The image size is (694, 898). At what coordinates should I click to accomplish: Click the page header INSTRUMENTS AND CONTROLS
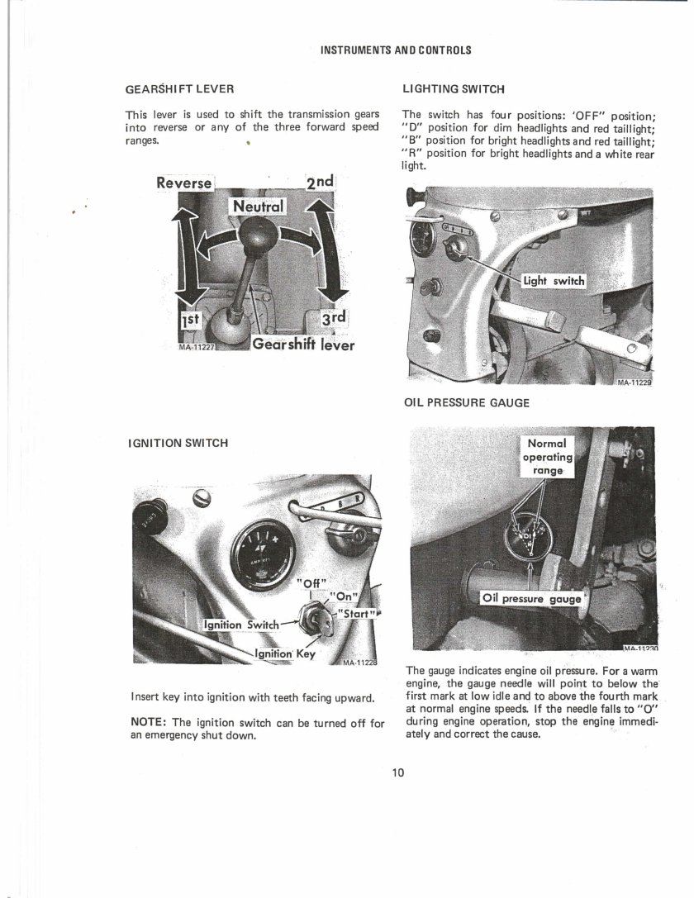coord(396,50)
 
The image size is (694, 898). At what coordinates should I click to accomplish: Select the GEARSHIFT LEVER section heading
coord(180,88)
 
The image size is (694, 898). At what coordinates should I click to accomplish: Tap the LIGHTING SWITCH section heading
coord(454,88)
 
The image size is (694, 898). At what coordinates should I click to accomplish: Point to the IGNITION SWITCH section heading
coord(178,443)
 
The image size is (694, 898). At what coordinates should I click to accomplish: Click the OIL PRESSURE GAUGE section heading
coord(467,402)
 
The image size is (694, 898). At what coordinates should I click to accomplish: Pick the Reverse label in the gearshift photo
coord(183,183)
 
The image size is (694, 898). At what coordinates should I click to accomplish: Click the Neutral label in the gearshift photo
coord(259,207)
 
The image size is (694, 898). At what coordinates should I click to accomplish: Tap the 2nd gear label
coord(320,182)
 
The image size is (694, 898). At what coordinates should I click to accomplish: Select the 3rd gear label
coord(333,318)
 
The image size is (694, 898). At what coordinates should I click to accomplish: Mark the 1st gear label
coord(190,320)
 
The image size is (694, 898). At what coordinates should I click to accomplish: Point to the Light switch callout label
coord(554,281)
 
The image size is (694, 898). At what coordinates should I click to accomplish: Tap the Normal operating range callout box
coord(547,457)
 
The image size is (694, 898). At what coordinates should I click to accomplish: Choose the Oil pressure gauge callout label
coord(531,599)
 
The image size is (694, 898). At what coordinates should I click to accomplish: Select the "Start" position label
coord(358,613)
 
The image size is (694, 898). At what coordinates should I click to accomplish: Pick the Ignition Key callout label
coord(285,653)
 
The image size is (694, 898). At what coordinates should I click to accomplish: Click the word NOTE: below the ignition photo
coord(149,723)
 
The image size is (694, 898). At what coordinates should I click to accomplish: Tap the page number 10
coord(398,772)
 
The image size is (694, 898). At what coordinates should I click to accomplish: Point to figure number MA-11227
coord(196,347)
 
